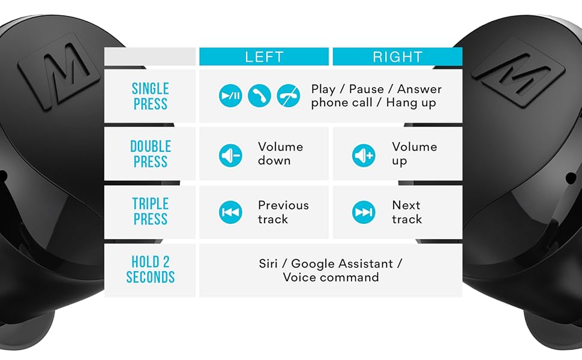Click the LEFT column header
click(264, 57)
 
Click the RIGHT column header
click(397, 57)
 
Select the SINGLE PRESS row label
click(150, 96)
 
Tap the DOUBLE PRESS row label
click(150, 154)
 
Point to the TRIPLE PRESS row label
click(150, 212)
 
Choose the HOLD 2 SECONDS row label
click(150, 270)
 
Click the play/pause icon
click(230, 96)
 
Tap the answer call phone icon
click(259, 96)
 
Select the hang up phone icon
click(288, 96)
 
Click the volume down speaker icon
click(230, 155)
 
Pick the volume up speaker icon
click(364, 155)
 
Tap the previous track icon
click(230, 212)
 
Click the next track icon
click(364, 212)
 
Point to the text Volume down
click(280, 154)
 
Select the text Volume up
click(414, 154)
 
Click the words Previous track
click(283, 212)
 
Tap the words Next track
click(407, 212)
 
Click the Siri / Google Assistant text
click(331, 270)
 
